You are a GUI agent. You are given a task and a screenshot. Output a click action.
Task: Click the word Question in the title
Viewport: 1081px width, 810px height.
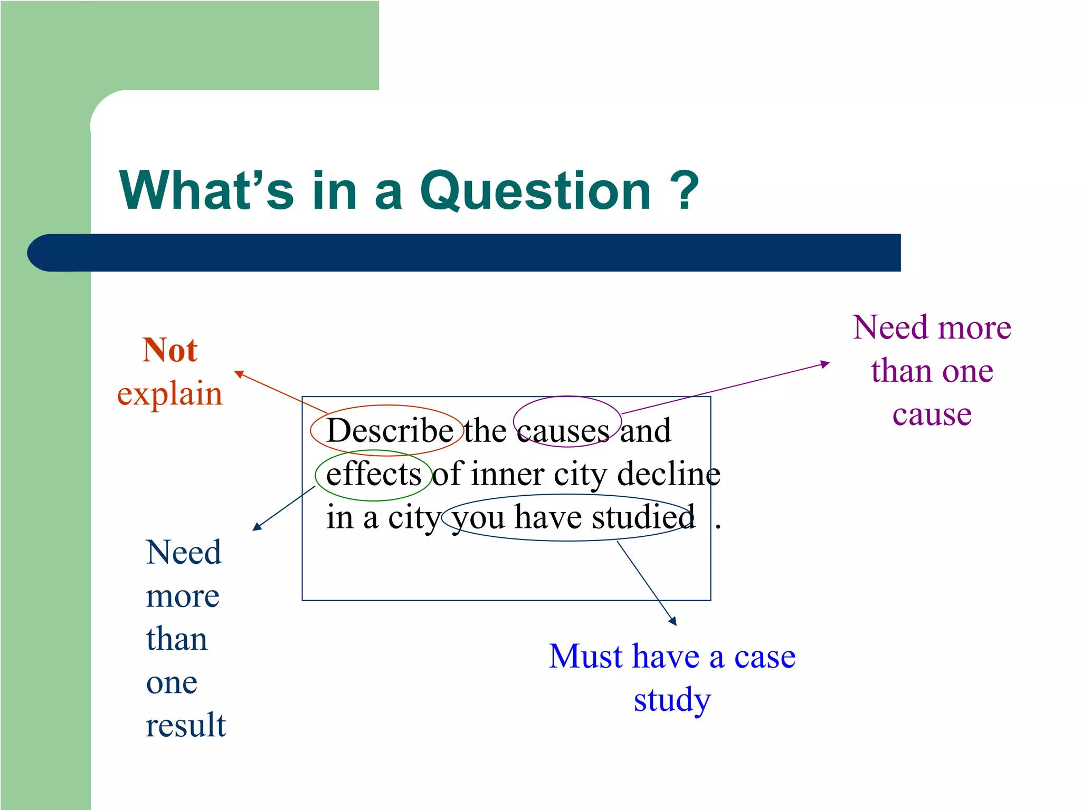[x=535, y=191]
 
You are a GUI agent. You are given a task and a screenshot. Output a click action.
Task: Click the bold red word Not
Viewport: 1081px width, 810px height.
[x=169, y=350]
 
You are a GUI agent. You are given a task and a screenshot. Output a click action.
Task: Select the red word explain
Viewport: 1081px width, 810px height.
[x=169, y=393]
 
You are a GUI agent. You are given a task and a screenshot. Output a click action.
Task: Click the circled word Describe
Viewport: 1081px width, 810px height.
[x=390, y=430]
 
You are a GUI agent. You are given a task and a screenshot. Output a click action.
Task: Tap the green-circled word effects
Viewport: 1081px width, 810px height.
[x=373, y=474]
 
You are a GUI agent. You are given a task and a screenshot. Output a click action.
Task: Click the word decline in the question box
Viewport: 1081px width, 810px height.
[x=668, y=474]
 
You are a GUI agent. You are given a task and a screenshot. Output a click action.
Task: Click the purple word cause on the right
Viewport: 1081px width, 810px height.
[x=932, y=414]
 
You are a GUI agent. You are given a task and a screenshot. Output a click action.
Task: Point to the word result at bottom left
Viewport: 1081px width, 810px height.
[x=185, y=725]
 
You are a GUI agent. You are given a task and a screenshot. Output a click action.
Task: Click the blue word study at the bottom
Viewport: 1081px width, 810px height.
[x=672, y=700]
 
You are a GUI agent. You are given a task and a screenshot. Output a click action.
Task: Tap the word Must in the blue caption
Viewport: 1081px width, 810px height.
[x=586, y=657]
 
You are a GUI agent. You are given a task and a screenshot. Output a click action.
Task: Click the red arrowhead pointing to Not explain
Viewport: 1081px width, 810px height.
[x=239, y=374]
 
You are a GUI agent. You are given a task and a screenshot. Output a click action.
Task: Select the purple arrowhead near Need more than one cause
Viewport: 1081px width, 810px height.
[x=825, y=364]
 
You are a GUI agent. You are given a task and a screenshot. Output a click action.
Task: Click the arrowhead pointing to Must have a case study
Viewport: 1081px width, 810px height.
[x=673, y=622]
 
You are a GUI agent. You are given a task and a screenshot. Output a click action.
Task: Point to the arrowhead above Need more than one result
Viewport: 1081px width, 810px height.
[x=257, y=526]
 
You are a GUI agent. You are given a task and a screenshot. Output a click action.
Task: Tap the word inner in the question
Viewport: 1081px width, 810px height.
[x=507, y=474]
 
